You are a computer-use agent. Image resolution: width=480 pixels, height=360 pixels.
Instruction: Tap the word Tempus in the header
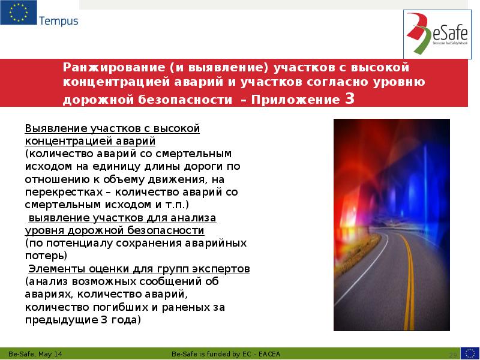[x=58, y=22]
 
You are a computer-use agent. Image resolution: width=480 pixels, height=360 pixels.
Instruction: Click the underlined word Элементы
[x=57, y=268]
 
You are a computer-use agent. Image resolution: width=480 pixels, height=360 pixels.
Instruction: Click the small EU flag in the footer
[x=469, y=353]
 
